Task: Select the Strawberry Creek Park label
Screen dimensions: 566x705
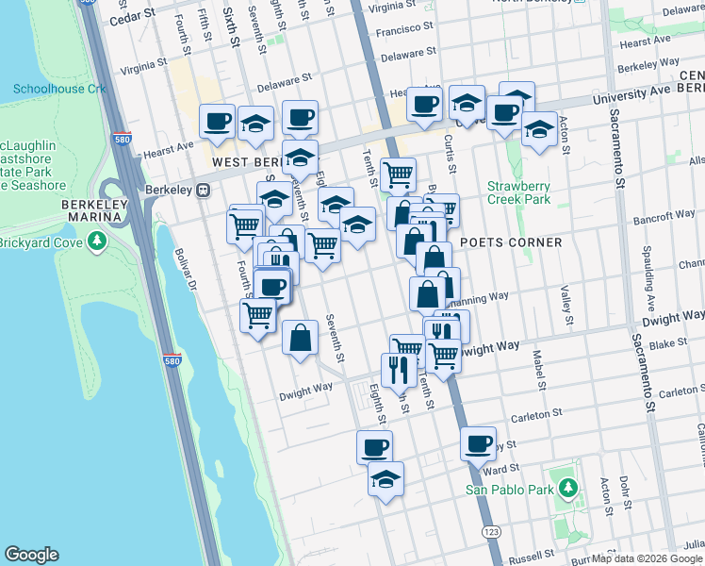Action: click(x=517, y=192)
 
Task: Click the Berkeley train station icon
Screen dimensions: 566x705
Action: click(x=203, y=190)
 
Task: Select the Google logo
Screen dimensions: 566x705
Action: click(x=31, y=555)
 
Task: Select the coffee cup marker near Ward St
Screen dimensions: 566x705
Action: click(x=478, y=441)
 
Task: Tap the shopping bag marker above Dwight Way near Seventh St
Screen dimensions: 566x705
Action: click(x=300, y=337)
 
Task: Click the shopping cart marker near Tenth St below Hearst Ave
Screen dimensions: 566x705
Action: click(x=399, y=174)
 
